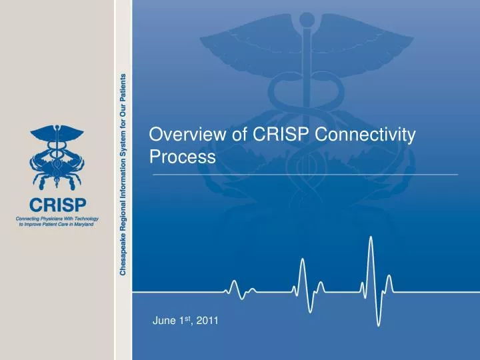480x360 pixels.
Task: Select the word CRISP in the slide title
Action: point(275,135)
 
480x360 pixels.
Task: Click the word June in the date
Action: point(163,321)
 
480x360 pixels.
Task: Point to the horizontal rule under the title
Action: point(305,173)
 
